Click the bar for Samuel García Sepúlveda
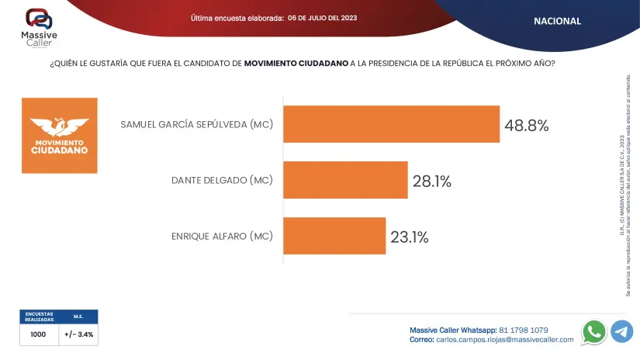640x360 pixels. coord(391,124)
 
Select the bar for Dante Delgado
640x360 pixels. coord(345,180)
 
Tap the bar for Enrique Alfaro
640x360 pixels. coord(334,236)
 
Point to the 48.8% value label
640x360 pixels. coord(527,125)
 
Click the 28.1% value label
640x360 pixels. coord(431,182)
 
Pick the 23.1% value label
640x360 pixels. coord(410,237)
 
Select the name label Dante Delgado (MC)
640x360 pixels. coord(222,181)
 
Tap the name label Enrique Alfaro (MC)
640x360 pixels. coord(222,236)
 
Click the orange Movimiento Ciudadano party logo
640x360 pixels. coord(59,135)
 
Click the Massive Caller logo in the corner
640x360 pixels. coord(39,26)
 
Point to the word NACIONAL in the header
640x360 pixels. coord(557,21)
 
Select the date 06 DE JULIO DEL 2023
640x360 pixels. coord(322,17)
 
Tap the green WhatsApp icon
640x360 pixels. coord(594,331)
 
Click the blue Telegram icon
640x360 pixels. coord(621,331)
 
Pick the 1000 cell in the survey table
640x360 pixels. coord(39,334)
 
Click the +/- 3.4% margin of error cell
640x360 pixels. coord(78,334)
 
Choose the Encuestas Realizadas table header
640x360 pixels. coord(39,316)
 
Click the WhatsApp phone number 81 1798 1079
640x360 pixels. coord(524,330)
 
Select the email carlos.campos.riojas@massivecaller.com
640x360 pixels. coord(504,339)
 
